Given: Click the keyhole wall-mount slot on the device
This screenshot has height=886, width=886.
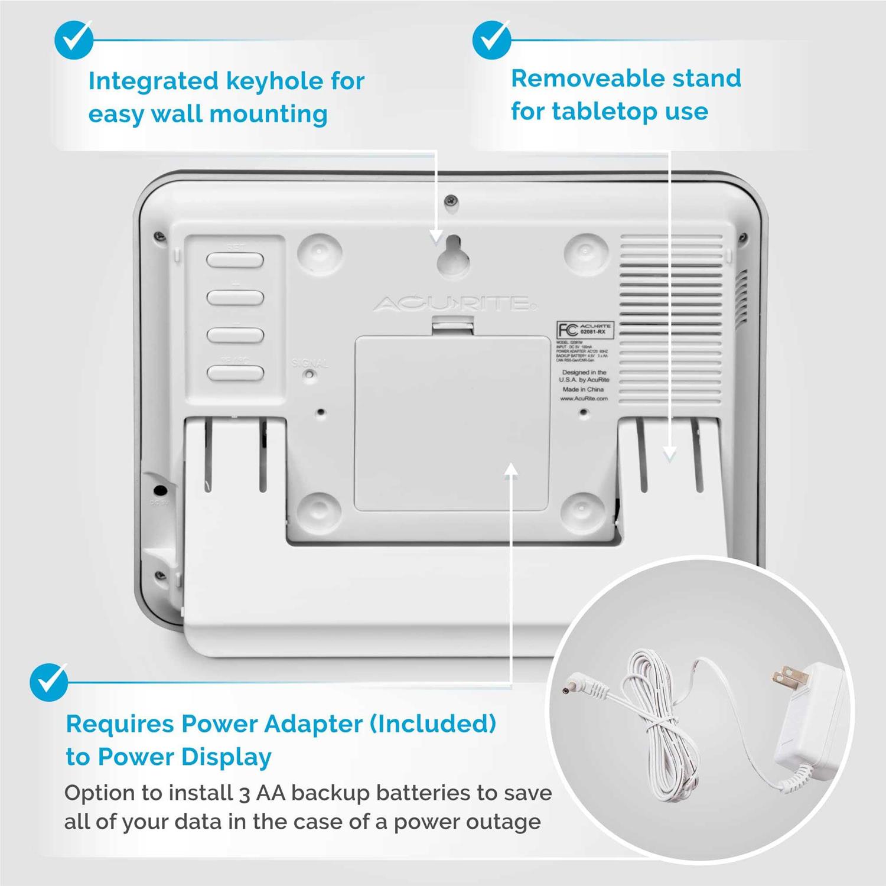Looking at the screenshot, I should pos(453,255).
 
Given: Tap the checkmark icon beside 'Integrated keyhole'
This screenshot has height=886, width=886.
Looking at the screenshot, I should pos(74,40).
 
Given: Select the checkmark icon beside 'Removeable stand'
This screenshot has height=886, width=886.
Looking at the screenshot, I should pos(492,40).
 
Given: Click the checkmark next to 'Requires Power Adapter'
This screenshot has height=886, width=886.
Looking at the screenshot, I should pos(50,682).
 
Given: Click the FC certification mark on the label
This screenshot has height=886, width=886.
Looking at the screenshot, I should pos(568,330).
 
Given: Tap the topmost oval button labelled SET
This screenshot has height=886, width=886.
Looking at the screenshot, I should pos(235,260).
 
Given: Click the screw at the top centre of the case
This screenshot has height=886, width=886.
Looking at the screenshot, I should pos(451,200).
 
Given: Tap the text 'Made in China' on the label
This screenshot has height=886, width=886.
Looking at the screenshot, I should pos(583,390).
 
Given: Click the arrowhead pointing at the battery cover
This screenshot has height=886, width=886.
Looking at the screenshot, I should pos(512,469).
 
